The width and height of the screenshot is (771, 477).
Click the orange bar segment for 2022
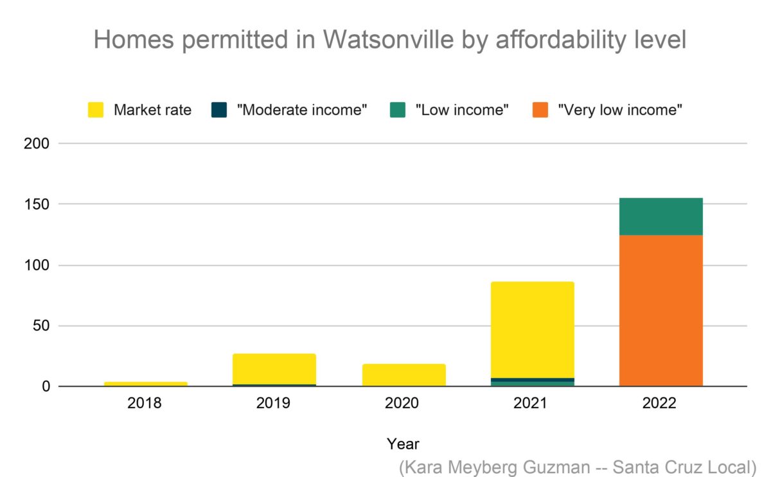(660, 310)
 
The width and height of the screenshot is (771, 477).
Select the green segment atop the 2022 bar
(660, 217)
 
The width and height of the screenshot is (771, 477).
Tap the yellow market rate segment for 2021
(532, 330)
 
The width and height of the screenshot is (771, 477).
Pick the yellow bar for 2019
(274, 369)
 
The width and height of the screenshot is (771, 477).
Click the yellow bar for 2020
(403, 375)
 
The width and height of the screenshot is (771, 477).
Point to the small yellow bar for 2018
(146, 384)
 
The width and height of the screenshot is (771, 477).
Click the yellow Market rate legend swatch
(96, 110)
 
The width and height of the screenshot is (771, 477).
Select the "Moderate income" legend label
(301, 110)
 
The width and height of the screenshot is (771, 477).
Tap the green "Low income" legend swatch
(398, 110)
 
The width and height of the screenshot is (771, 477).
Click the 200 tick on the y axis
(37, 143)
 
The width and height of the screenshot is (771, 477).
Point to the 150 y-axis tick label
(37, 204)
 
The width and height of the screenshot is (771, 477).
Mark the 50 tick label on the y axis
(40, 326)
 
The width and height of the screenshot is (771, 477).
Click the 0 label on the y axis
(46, 386)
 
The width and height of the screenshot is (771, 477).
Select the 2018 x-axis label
(146, 404)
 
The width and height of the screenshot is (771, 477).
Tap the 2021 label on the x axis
(532, 404)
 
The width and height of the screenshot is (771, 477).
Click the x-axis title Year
(403, 444)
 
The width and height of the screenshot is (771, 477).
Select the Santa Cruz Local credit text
(684, 466)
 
